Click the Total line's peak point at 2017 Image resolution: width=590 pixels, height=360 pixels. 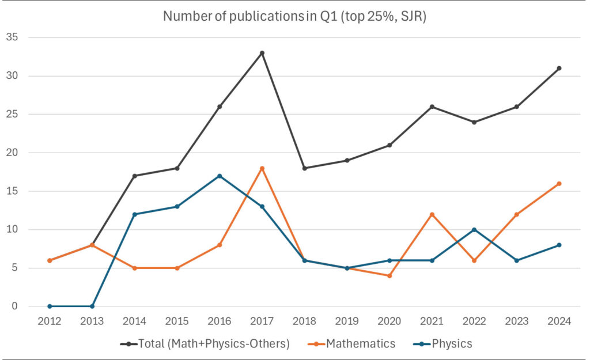tap(262, 53)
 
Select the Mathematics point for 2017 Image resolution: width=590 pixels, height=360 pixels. tap(262, 168)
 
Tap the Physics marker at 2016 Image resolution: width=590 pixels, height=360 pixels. tap(220, 176)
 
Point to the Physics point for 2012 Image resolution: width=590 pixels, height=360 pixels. tap(50, 306)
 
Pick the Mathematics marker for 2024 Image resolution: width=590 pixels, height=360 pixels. tap(559, 184)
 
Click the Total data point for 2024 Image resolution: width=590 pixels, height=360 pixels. tap(559, 68)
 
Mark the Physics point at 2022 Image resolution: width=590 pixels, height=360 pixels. tap(474, 229)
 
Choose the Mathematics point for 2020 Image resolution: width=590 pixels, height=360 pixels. tap(389, 275)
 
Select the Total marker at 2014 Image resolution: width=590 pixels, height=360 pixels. tap(134, 176)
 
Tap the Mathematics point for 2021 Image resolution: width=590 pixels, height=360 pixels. tap(432, 214)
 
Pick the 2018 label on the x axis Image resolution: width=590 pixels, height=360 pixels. tap(304, 322)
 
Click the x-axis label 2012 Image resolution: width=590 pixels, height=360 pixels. tap(50, 322)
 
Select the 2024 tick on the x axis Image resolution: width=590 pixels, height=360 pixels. tap(559, 322)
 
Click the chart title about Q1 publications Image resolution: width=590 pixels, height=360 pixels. tap(294, 16)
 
